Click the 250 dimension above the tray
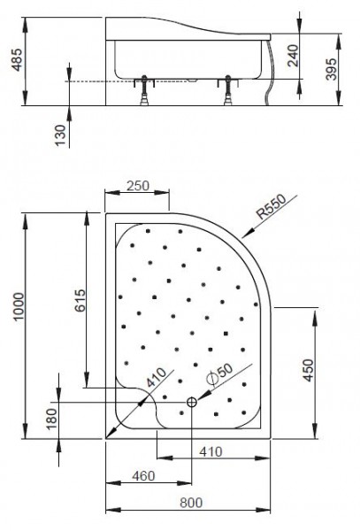tap(136, 187)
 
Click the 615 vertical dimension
tap(77, 304)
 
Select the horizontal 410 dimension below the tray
tap(210, 452)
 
